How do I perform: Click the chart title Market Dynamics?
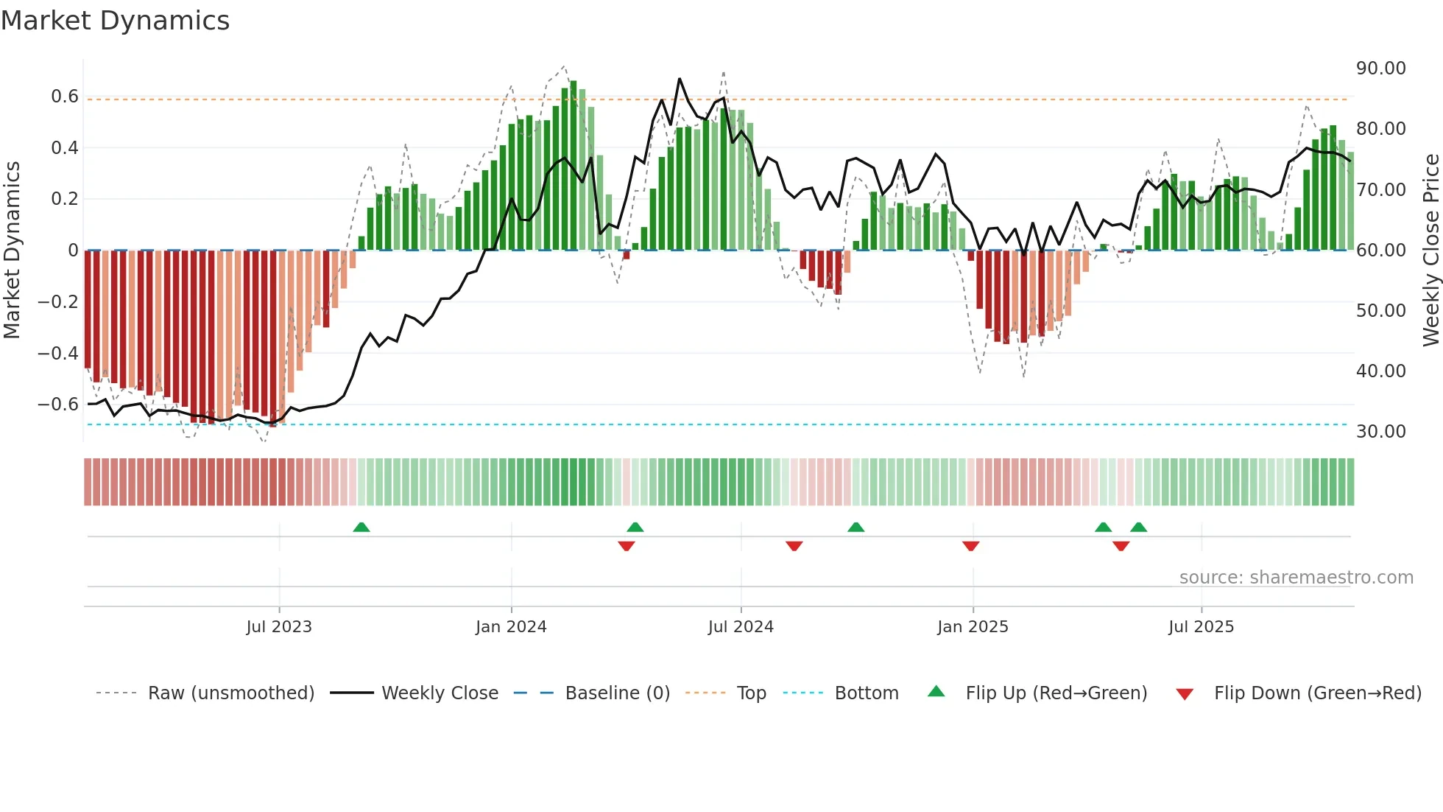(x=115, y=21)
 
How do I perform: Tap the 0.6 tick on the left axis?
(x=65, y=97)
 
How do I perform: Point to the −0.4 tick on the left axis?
(x=58, y=353)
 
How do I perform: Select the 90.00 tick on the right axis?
(x=1380, y=69)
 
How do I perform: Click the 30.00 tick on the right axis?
(x=1380, y=432)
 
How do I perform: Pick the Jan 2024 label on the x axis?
(x=511, y=627)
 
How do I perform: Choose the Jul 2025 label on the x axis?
(x=1201, y=627)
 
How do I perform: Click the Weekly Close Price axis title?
(x=1430, y=250)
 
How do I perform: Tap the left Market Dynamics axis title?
(x=12, y=250)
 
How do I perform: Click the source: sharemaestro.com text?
(x=1296, y=578)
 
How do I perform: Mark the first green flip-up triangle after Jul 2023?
(x=361, y=528)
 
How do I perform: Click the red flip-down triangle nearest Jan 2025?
(x=970, y=546)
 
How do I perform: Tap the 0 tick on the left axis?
(x=73, y=251)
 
